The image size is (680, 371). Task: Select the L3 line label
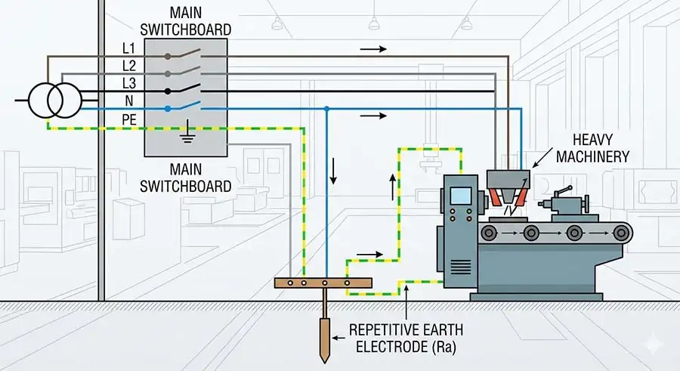(128, 83)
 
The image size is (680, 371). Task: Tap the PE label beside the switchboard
(130, 119)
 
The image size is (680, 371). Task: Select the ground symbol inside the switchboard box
(184, 134)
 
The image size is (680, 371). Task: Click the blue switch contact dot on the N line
(167, 108)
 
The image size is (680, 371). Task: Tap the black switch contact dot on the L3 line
(167, 90)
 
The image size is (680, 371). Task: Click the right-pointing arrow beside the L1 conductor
(373, 48)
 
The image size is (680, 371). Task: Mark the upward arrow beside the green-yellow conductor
(391, 186)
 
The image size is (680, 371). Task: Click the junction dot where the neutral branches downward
(326, 108)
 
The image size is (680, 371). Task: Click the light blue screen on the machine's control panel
(461, 195)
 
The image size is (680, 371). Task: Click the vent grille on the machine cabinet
(460, 267)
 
